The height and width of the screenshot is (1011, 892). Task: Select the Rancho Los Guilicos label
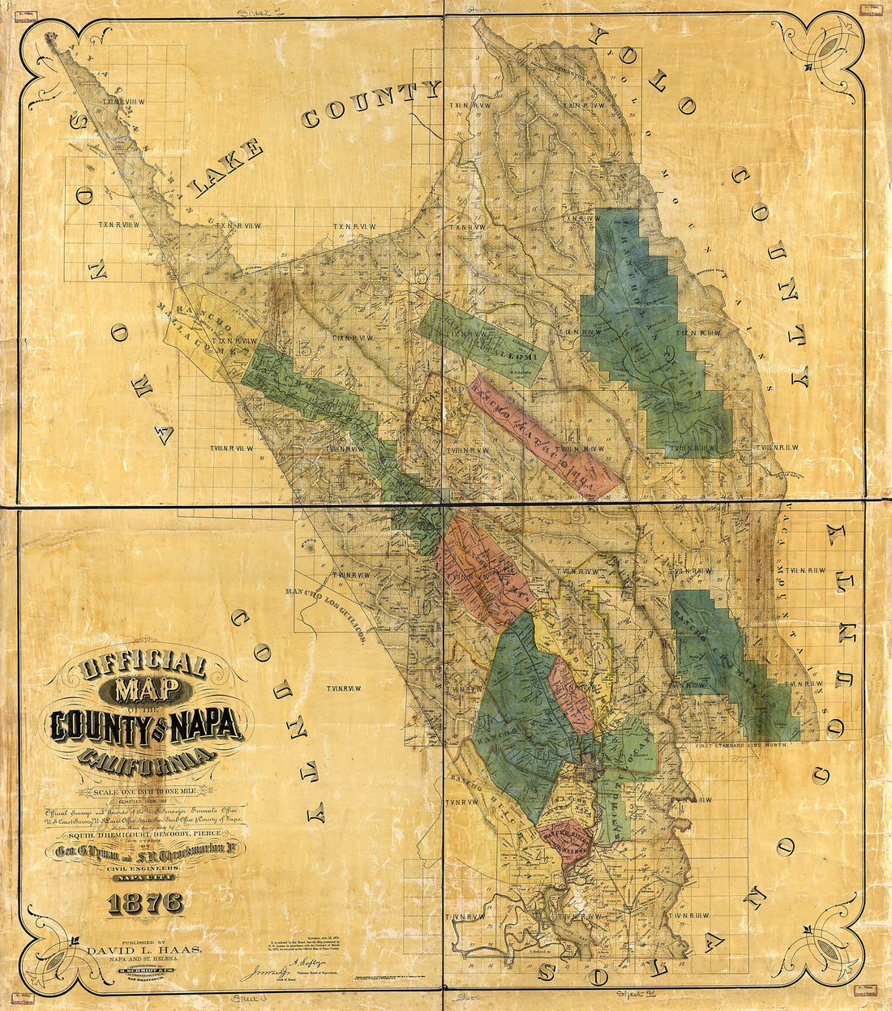coord(328,612)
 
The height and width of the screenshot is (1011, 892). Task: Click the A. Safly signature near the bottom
coord(312,962)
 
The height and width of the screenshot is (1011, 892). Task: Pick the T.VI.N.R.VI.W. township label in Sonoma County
coord(343,688)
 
